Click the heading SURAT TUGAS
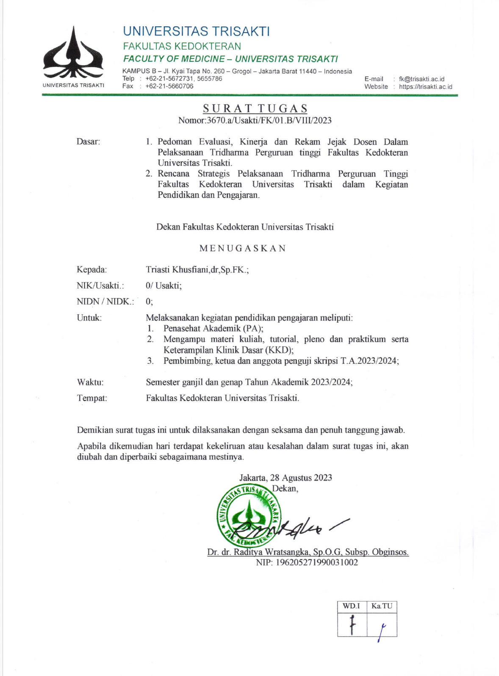tap(255, 109)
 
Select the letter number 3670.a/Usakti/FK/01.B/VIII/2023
tap(269, 120)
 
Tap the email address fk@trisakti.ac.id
tap(421, 79)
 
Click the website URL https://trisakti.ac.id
tap(425, 86)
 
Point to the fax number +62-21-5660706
tap(169, 86)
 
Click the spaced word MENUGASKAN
tap(243, 248)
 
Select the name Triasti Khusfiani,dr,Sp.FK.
tap(197, 270)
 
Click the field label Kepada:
tap(91, 270)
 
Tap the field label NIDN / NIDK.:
tap(105, 302)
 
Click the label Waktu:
tap(90, 382)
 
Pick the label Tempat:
tap(92, 398)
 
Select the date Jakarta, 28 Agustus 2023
tap(286, 478)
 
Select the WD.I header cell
tap(351, 606)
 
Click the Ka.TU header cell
tap(382, 606)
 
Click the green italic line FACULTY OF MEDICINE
tap(230, 59)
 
